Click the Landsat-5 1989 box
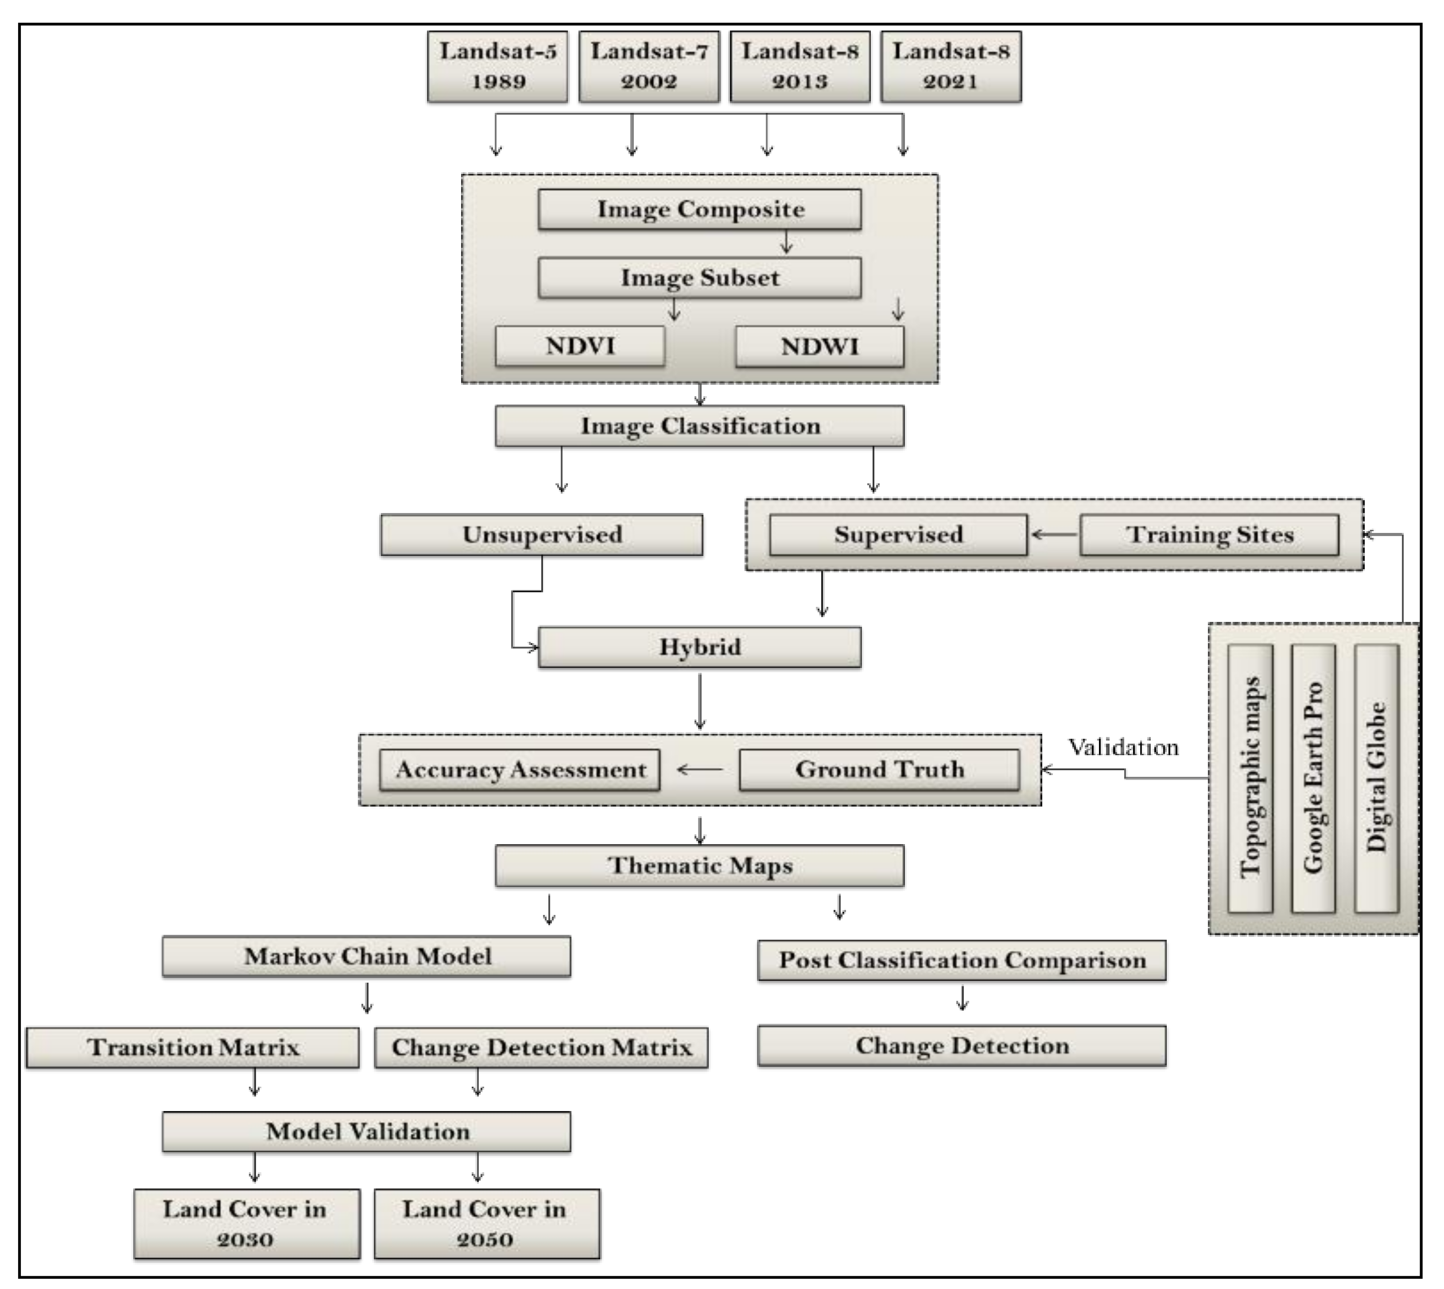coord(497,66)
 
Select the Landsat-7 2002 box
coord(649,66)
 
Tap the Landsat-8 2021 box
coord(951,66)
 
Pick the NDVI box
coord(579,346)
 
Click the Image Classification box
coord(699,426)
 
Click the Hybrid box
coord(699,647)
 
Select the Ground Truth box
coord(879,770)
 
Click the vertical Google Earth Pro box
coord(1313,778)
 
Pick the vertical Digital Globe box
coord(1376,778)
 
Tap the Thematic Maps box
coord(699,865)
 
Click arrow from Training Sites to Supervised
coord(1054,535)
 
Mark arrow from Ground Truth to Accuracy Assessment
coord(699,770)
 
